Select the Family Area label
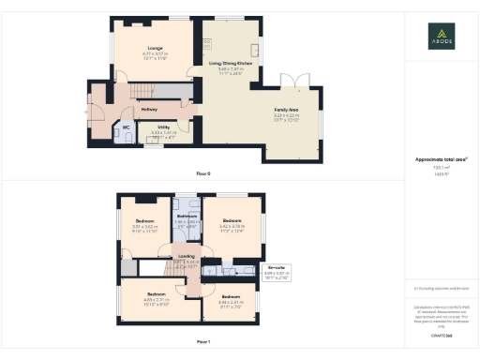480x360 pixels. point(287,112)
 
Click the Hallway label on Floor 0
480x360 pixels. point(149,110)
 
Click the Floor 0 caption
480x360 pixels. point(203,174)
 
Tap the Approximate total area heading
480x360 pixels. point(440,159)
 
